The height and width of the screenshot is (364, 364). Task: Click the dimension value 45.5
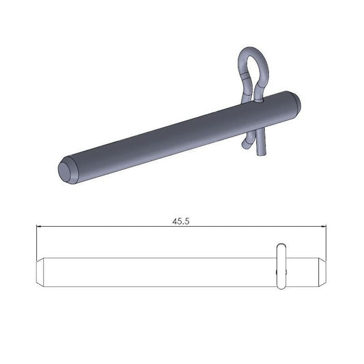[x=181, y=221]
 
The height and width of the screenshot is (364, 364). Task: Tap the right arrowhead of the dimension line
[x=326, y=227]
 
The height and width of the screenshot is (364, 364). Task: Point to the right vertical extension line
[x=328, y=242]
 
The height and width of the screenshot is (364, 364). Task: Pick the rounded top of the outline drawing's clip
[x=281, y=244]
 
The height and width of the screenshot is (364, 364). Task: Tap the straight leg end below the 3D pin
[x=261, y=151]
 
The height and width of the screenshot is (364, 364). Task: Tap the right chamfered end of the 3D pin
[x=294, y=104]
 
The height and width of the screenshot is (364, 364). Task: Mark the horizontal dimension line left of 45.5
[x=102, y=227]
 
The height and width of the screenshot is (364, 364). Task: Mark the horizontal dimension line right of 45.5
[x=260, y=227]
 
